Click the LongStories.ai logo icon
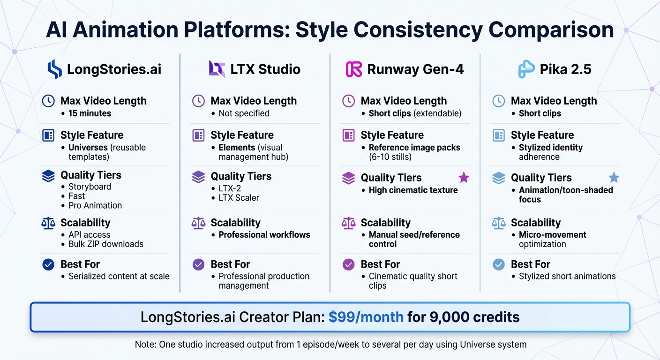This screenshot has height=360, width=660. tap(54, 69)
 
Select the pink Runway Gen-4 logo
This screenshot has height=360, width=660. tap(353, 69)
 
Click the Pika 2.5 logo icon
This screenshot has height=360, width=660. tap(526, 69)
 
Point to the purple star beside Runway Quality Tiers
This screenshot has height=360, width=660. tap(463, 177)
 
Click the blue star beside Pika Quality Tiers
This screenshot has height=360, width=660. tap(613, 177)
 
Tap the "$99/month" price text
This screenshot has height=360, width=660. tap(366, 317)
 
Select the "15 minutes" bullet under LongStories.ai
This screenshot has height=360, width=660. tap(90, 113)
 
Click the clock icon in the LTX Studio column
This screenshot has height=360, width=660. tap(198, 101)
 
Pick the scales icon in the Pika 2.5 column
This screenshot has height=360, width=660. tap(498, 223)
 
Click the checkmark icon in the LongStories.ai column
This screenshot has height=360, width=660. tap(48, 264)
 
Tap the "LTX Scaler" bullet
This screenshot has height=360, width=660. tap(239, 198)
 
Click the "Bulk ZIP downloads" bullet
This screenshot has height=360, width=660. tap(105, 244)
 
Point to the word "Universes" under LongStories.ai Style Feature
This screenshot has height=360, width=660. tap(88, 148)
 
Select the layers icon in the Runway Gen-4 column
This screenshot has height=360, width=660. tap(348, 178)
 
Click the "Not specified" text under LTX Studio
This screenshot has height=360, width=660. tap(244, 113)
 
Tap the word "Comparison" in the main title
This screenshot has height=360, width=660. tap(551, 30)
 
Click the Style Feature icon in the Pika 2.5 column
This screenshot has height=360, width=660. tap(498, 135)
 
